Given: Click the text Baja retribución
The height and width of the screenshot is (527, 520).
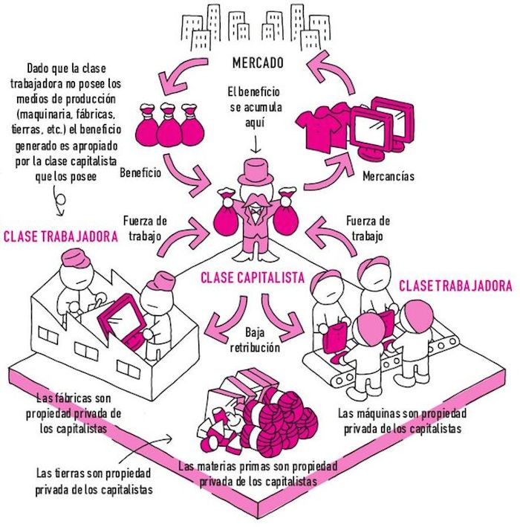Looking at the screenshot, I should tap(260, 337).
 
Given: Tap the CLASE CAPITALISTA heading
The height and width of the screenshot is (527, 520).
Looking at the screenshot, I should tap(253, 279).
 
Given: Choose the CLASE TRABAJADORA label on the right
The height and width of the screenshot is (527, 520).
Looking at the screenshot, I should tap(456, 285).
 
